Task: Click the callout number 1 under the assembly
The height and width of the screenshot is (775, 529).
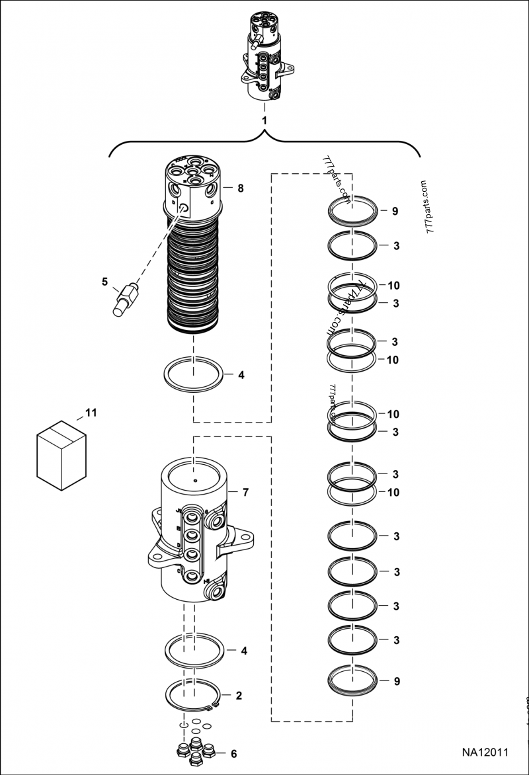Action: pos(264,120)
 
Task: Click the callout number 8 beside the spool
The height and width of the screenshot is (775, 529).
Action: pos(241,188)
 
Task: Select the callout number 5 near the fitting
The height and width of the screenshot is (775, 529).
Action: pos(104,281)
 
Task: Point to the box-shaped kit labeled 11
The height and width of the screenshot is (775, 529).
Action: pos(61,455)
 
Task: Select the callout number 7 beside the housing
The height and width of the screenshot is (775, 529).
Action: pos(245,493)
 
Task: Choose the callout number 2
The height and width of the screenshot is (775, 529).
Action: pos(239,696)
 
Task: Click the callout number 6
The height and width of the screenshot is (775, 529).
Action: pos(233,753)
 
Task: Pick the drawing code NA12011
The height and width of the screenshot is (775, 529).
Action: pos(485,753)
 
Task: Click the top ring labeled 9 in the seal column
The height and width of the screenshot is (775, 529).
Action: pos(353,211)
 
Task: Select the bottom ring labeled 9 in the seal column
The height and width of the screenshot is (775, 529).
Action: pos(353,679)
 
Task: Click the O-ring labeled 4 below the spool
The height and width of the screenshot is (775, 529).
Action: pos(193,374)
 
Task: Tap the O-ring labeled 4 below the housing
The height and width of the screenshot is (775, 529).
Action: pos(193,651)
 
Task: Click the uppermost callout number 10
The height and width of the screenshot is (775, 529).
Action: pos(393,286)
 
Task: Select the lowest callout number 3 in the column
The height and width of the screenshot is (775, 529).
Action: pos(396,640)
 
